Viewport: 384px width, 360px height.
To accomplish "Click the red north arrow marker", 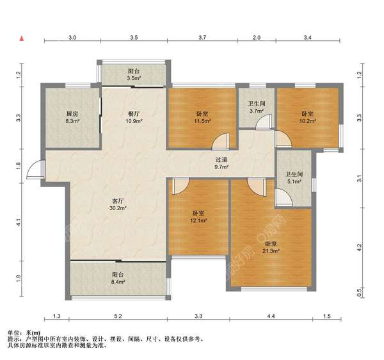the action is (x=22, y=38).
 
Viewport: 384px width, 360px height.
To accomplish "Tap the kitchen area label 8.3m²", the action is (x=72, y=121).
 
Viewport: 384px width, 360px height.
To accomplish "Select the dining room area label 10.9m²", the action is (x=134, y=121).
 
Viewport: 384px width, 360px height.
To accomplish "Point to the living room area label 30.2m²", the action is (x=118, y=208).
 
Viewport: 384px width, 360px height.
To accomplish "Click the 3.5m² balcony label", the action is (x=134, y=78).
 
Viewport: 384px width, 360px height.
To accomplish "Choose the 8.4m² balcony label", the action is (x=118, y=282).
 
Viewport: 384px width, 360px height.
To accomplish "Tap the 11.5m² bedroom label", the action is (x=202, y=121).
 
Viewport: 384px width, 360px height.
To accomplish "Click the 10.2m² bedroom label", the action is (x=307, y=121).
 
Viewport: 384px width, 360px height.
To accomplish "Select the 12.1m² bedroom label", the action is (x=198, y=220).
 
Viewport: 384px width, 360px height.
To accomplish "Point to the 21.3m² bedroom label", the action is (x=271, y=251).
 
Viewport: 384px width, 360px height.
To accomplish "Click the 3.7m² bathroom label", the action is (x=257, y=111).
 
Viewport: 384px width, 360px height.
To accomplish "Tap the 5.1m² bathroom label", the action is (x=294, y=181).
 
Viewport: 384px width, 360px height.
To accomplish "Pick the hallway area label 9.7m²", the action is (x=221, y=167).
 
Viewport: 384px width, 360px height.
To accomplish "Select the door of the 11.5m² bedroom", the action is (x=220, y=141).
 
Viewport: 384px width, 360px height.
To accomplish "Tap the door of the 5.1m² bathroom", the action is (x=284, y=197).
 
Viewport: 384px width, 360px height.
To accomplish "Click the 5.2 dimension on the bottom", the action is (x=118, y=316).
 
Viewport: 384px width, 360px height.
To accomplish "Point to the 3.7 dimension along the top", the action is (x=202, y=38).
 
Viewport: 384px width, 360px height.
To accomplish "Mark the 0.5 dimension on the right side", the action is (x=359, y=292).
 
